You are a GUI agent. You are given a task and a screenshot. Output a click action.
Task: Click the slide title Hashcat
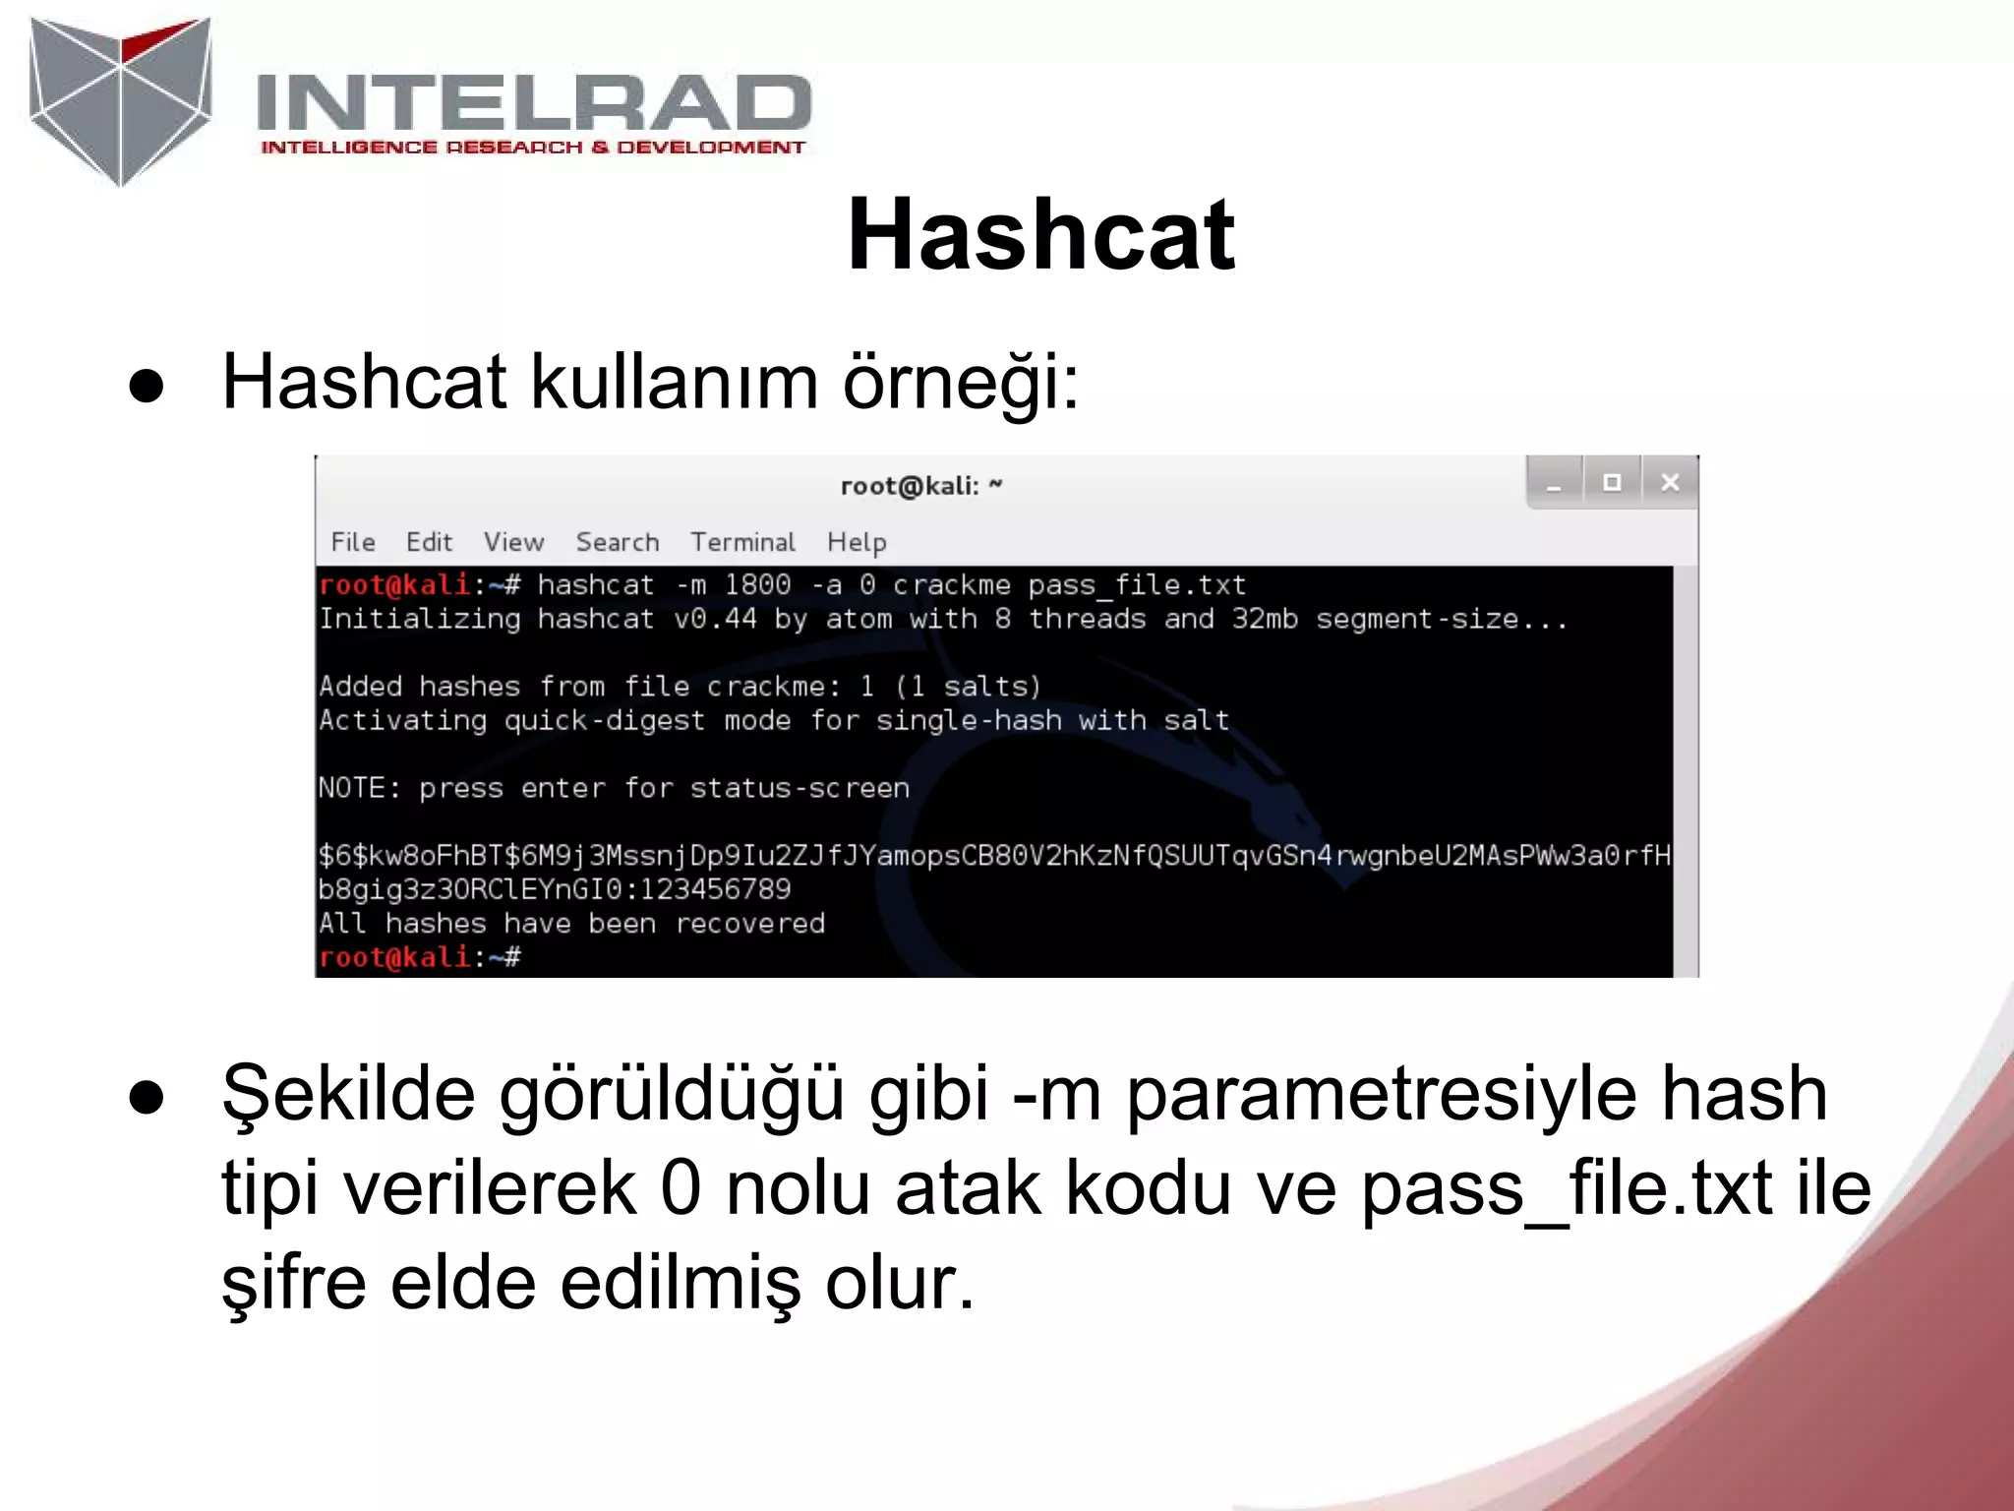coord(1040,235)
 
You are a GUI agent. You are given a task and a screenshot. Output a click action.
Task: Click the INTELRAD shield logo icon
coord(120,100)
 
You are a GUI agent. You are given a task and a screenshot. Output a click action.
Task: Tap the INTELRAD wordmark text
coord(533,102)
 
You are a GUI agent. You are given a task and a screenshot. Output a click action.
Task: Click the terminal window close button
coord(1669,482)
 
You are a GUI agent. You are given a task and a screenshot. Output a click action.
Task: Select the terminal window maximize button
coord(1612,482)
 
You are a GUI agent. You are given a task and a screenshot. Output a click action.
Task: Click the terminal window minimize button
coord(1554,482)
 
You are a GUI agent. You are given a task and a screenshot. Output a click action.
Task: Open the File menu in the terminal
coord(353,542)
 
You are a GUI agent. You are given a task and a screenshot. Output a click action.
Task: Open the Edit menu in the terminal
coord(429,542)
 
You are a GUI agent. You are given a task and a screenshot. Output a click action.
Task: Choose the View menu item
coord(513,542)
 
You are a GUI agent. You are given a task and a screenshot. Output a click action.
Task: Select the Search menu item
coord(618,542)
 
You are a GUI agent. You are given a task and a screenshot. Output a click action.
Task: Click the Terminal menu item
coord(742,542)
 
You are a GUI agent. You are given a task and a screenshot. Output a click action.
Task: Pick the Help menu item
coord(857,542)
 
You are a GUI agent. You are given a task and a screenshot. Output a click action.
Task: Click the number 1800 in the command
coord(757,585)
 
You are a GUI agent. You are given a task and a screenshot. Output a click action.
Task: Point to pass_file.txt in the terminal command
coord(1137,585)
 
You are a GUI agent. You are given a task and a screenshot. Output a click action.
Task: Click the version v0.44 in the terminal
coord(715,619)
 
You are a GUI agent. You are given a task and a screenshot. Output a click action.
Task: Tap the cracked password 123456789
coord(715,889)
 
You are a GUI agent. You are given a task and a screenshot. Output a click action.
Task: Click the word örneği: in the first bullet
coord(961,383)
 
